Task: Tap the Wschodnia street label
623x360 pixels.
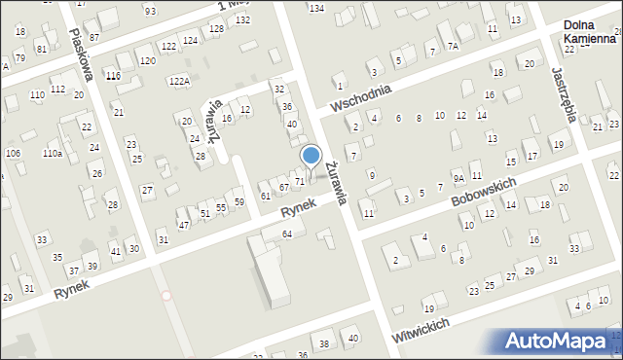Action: (x=360, y=98)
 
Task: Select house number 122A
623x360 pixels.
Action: (x=179, y=82)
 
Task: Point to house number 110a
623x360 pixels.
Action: (x=52, y=154)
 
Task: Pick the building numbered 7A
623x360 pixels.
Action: (x=453, y=46)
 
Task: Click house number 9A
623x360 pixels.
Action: (x=458, y=179)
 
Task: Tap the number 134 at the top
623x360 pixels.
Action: (x=315, y=8)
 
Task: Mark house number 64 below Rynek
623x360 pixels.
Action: (x=287, y=234)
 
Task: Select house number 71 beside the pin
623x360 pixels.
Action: (x=300, y=181)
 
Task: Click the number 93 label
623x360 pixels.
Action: (x=150, y=11)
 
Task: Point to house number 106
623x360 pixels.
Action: (x=13, y=154)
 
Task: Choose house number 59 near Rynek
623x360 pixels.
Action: (x=238, y=201)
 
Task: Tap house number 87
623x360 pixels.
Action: (x=93, y=37)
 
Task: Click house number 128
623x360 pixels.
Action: (x=216, y=29)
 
